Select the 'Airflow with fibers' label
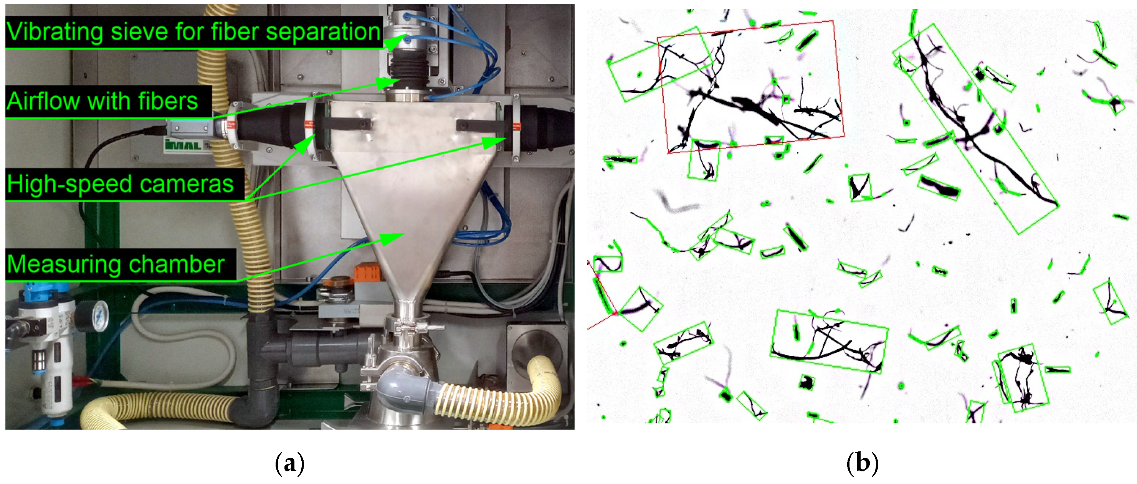(102, 101)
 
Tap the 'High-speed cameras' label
(120, 184)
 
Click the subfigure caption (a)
(289, 464)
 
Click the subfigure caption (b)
(862, 464)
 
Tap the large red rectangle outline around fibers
(750, 86)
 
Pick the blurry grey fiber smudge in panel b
(675, 203)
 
